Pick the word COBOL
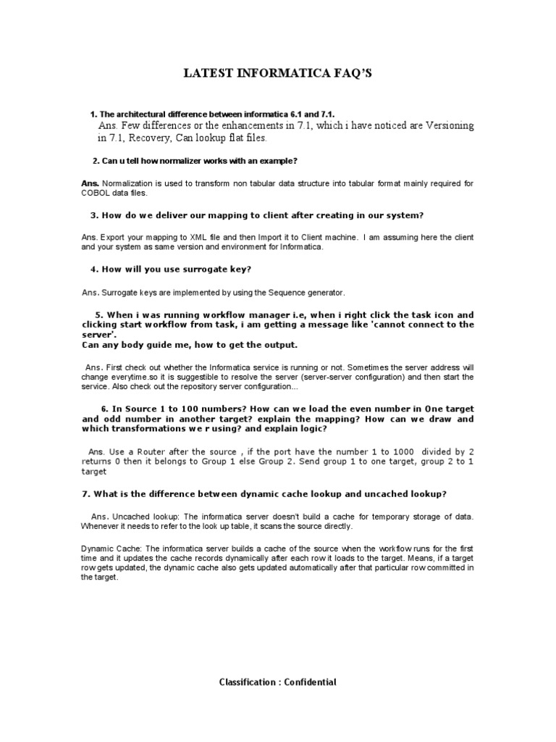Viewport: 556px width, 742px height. click(x=97, y=193)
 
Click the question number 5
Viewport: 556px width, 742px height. click(x=99, y=315)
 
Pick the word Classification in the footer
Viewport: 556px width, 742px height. click(x=247, y=682)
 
